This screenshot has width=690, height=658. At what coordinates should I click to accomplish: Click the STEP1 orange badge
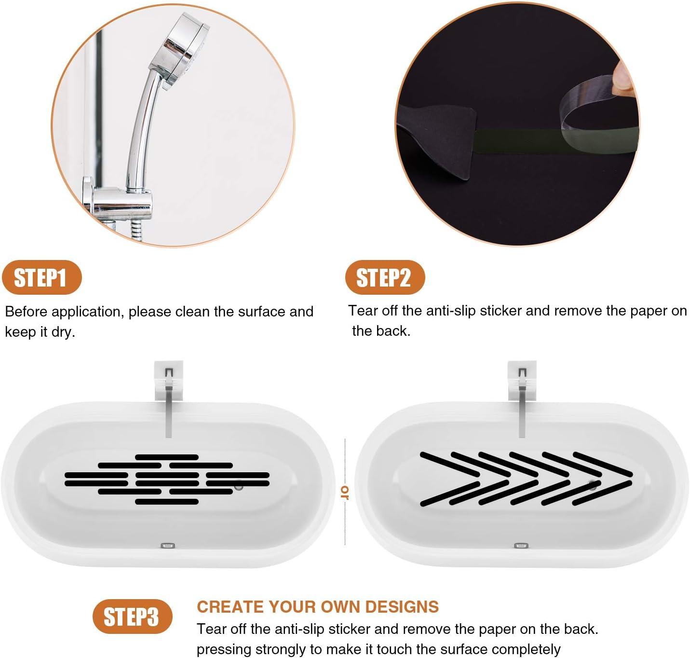tap(41, 278)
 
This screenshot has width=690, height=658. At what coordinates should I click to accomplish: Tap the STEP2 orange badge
tap(384, 277)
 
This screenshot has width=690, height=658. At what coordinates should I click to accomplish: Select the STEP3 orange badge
tap(132, 617)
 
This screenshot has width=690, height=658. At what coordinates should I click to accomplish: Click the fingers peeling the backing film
tap(622, 77)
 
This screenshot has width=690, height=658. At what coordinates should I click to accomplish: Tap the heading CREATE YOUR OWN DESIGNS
tap(317, 606)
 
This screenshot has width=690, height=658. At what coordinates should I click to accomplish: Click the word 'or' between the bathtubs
tap(345, 492)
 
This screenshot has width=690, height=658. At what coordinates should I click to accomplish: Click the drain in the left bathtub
tap(239, 486)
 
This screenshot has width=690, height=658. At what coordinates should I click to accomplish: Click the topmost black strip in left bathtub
tap(167, 457)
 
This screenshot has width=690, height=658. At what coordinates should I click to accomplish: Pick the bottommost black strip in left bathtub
tap(167, 502)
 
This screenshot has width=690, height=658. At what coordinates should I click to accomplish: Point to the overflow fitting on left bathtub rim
tap(167, 546)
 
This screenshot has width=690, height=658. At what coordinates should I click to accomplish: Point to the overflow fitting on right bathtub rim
tap(521, 546)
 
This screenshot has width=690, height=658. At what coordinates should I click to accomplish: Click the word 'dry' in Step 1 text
tap(64, 332)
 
